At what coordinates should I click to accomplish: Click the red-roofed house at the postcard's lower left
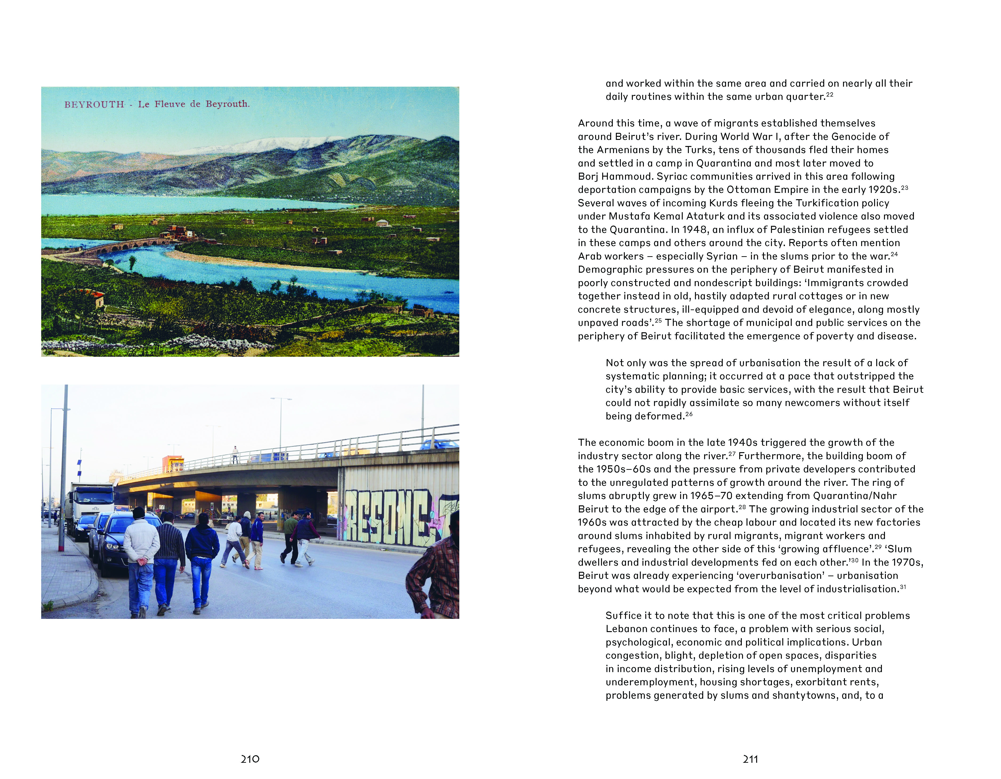94,297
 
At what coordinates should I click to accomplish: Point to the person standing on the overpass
235,454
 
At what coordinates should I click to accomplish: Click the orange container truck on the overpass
173,463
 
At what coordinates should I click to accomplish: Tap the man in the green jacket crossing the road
290,536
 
